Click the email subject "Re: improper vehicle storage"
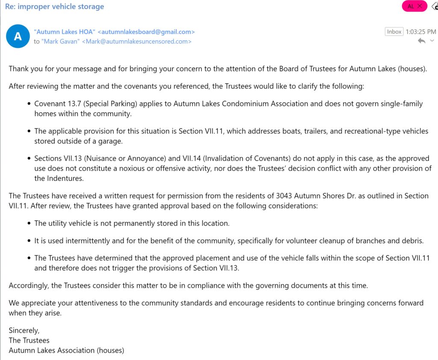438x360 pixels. click(54, 6)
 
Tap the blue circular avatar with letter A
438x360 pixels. click(18, 36)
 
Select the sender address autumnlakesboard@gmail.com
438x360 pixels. click(146, 32)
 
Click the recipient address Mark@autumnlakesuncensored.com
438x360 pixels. click(136, 42)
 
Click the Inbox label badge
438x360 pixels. click(394, 32)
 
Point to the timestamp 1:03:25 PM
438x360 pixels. click(421, 32)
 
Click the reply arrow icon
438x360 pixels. click(422, 41)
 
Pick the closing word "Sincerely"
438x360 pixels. click(24, 330)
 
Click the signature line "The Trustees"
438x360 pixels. click(29, 340)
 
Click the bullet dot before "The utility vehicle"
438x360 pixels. click(29, 223)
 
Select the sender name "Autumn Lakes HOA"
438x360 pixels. click(65, 32)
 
